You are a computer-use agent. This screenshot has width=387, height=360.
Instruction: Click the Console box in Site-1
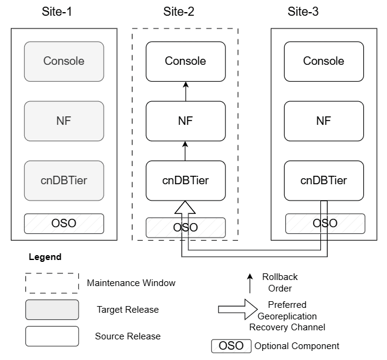click(x=64, y=61)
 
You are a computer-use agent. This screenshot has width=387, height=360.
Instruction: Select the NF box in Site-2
click(x=185, y=121)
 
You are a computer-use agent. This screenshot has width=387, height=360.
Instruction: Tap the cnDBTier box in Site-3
click(x=324, y=181)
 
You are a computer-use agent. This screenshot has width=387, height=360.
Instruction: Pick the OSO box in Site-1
click(x=64, y=224)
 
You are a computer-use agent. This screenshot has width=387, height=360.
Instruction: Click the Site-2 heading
click(x=179, y=12)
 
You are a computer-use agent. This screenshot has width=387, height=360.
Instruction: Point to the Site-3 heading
click(x=303, y=12)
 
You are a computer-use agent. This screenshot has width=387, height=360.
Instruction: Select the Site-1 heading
click(x=57, y=12)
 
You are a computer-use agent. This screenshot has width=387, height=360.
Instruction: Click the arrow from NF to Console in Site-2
click(x=186, y=92)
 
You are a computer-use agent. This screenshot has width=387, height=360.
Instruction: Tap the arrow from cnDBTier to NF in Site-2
click(x=185, y=151)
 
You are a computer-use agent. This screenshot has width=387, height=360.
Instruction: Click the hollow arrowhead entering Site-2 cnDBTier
click(x=185, y=207)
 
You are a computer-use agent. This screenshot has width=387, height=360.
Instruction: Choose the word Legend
click(x=45, y=257)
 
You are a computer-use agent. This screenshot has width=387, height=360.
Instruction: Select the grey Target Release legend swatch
click(x=52, y=310)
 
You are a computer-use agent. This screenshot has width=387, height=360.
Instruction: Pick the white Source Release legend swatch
click(x=52, y=336)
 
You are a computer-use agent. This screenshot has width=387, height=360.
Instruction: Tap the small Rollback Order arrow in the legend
click(x=250, y=283)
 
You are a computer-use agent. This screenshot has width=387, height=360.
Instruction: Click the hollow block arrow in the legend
click(x=238, y=309)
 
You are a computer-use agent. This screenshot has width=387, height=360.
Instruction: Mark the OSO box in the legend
click(x=231, y=346)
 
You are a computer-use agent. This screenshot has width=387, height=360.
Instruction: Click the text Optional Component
click(x=297, y=346)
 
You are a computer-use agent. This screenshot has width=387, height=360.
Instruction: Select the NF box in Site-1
click(x=64, y=121)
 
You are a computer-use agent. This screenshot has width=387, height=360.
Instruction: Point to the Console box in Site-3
click(x=324, y=61)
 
